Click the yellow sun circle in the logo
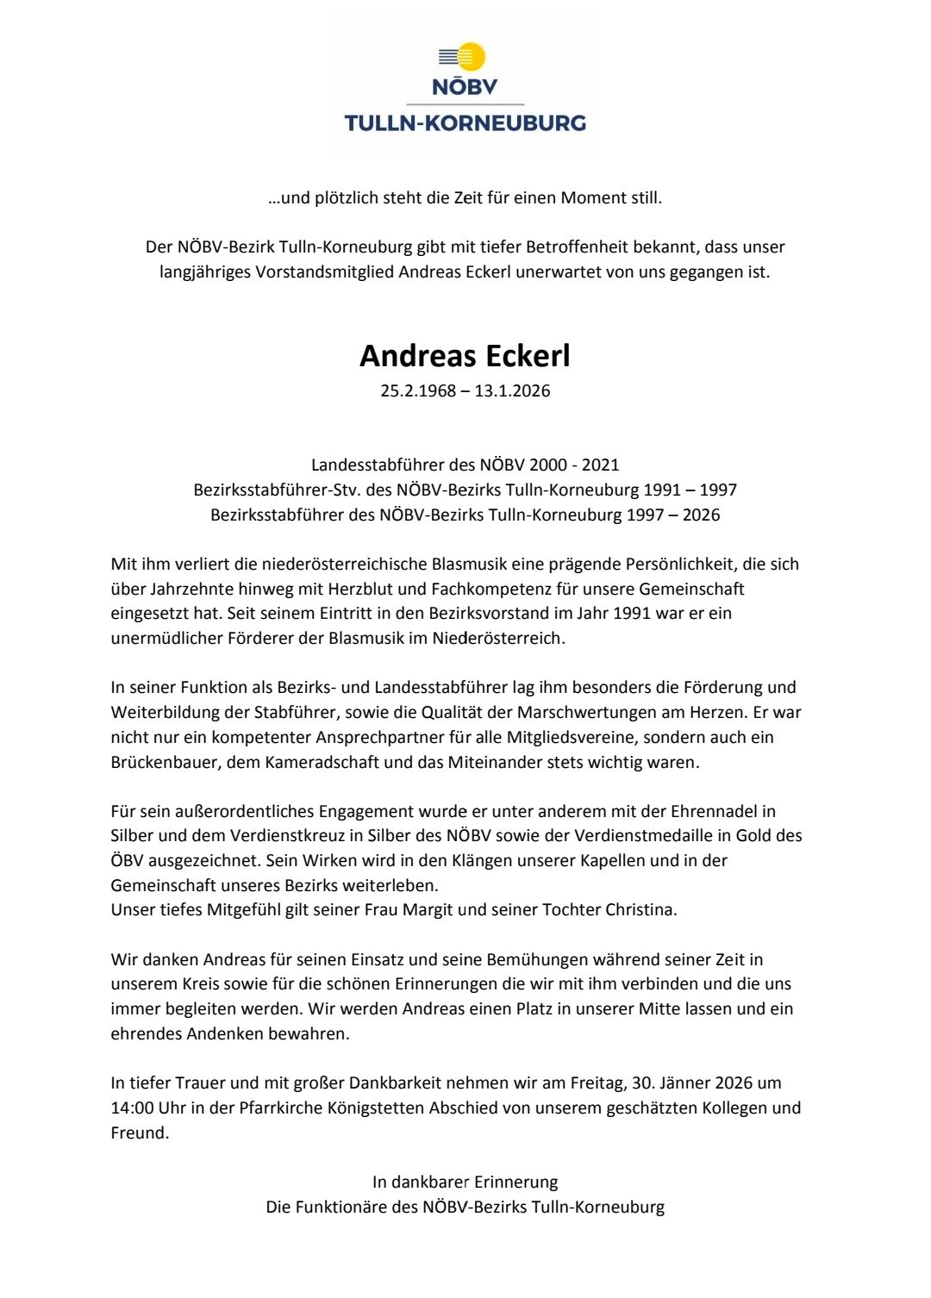(471, 57)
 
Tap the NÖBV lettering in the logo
(465, 86)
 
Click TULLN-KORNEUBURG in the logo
(465, 123)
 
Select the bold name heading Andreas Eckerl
(465, 356)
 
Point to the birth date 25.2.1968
(418, 390)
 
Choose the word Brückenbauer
(165, 762)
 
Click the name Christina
(639, 909)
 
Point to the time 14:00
(132, 1108)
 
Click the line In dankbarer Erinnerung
(465, 1182)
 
